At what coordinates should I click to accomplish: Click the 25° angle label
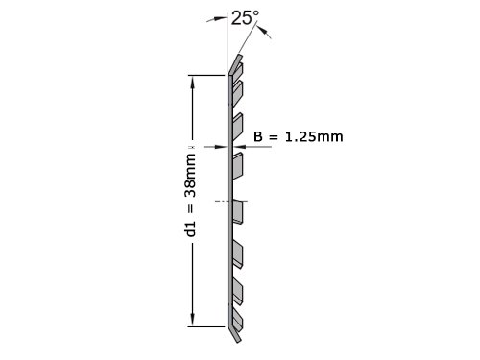pos(245,18)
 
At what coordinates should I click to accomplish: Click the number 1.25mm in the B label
pos(314,136)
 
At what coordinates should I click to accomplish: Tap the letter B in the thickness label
pos(258,136)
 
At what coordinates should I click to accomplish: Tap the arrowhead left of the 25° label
pos(220,18)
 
